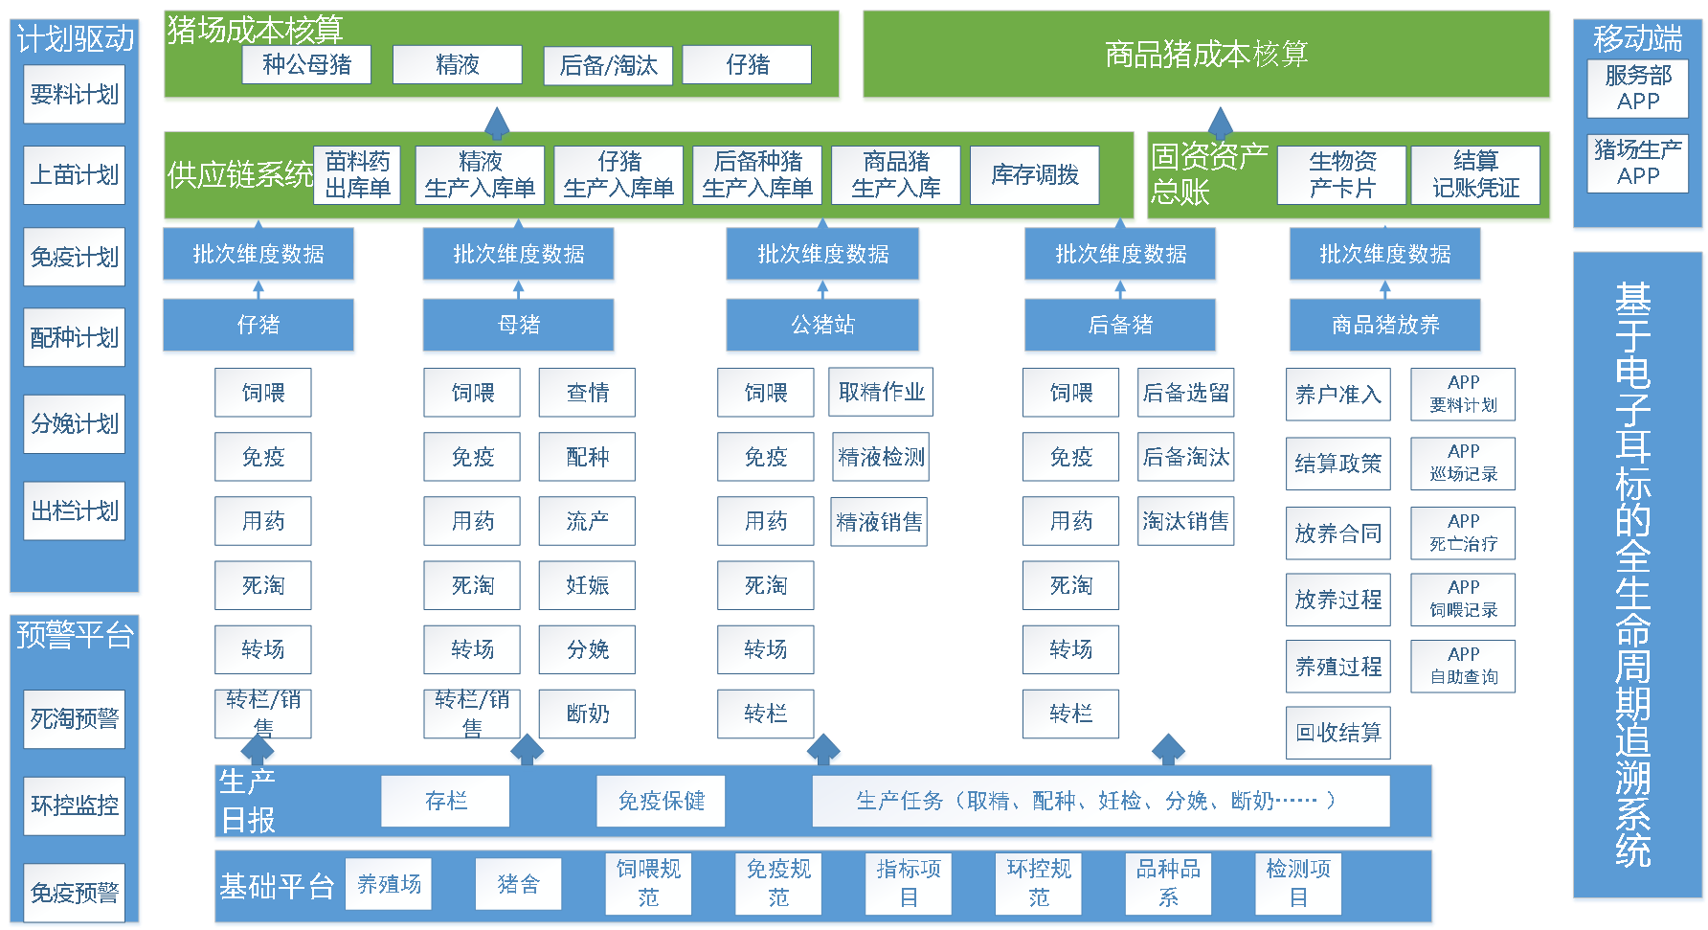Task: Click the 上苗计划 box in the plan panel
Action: point(74,174)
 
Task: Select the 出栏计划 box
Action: point(74,510)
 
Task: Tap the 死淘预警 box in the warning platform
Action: point(74,718)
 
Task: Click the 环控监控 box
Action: point(74,805)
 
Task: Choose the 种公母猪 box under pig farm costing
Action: point(306,64)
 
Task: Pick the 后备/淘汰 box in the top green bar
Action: point(608,65)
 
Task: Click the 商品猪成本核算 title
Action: point(1205,55)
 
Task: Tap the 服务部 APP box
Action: point(1637,88)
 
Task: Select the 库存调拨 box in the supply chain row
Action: point(1034,174)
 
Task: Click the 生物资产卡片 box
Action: point(1341,174)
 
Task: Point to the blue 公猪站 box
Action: point(822,325)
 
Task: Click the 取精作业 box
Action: point(881,392)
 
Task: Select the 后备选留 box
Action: point(1185,393)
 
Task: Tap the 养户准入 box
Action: point(1337,395)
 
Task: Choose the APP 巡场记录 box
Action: point(1463,463)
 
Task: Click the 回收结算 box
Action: point(1337,733)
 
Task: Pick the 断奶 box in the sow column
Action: point(587,714)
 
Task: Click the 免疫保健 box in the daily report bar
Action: point(661,801)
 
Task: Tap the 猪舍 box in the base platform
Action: point(518,884)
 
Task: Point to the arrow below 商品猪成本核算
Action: point(1221,122)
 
